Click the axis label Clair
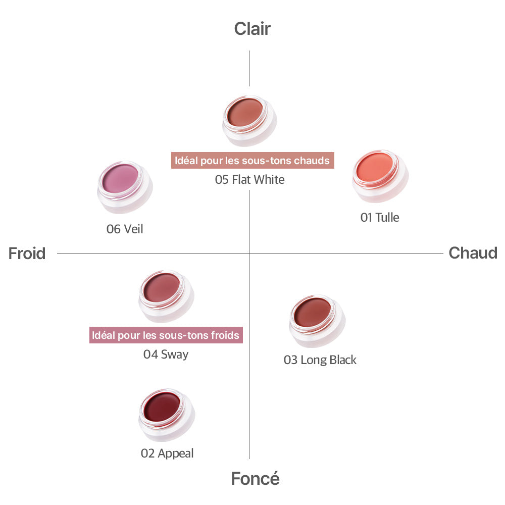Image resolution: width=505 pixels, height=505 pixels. pyautogui.click(x=252, y=29)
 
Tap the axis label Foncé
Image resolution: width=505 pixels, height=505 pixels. pyautogui.click(x=255, y=478)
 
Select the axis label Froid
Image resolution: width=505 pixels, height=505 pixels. pyautogui.click(x=27, y=253)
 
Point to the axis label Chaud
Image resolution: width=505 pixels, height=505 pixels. pyautogui.click(x=473, y=253)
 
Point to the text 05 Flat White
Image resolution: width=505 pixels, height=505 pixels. pyautogui.click(x=250, y=179)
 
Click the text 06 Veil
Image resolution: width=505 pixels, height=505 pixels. pyautogui.click(x=125, y=229)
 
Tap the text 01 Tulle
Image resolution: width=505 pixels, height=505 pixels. pyautogui.click(x=380, y=217)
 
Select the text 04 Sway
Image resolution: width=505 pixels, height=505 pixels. pyautogui.click(x=166, y=354)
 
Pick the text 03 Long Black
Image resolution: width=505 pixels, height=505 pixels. pyautogui.click(x=320, y=360)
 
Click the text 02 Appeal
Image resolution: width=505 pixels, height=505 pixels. pyautogui.click(x=167, y=453)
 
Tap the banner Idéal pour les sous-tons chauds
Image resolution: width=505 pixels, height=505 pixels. pyautogui.click(x=252, y=161)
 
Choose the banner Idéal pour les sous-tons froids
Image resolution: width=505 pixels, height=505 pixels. pyautogui.click(x=166, y=335)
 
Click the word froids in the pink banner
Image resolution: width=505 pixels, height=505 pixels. pyautogui.click(x=226, y=335)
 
